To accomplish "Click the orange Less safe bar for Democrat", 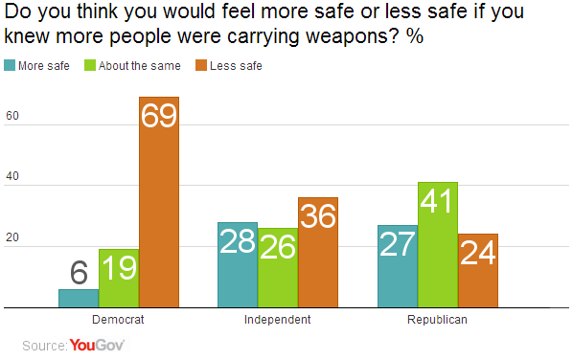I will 159,202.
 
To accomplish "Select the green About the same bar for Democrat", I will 119,279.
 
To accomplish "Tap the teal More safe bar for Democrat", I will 79,299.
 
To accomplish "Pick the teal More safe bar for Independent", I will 238,265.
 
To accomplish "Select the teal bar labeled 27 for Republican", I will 398,266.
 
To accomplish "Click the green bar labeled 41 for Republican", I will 438,245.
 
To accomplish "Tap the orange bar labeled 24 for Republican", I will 478,271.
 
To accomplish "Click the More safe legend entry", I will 38,66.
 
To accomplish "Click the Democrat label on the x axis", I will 119,320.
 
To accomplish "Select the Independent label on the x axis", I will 278,320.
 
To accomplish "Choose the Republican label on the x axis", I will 438,320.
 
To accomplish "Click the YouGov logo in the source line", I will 98,345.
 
